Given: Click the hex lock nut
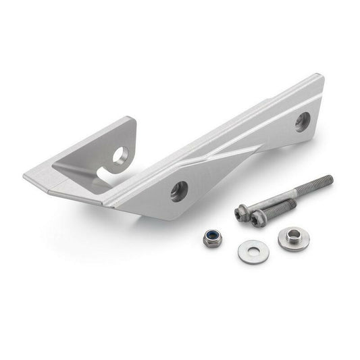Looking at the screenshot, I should [x=212, y=237].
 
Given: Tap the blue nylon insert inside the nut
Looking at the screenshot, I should [x=212, y=236].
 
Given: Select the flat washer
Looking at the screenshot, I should [x=253, y=251].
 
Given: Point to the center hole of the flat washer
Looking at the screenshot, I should [x=253, y=251].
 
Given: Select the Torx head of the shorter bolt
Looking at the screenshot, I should [x=257, y=219].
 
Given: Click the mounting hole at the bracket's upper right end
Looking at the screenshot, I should [x=302, y=122].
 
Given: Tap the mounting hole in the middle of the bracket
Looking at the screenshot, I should [x=179, y=191].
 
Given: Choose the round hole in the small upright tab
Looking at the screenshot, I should [x=120, y=156].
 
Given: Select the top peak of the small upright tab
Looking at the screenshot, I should [x=132, y=120].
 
